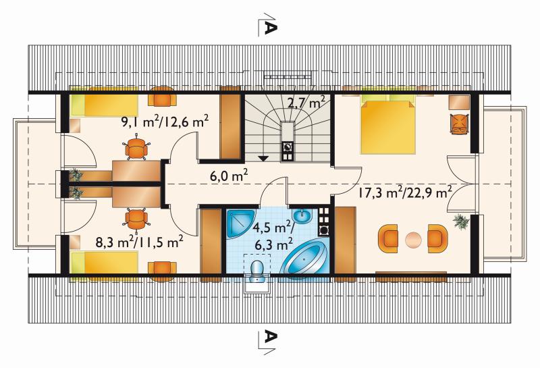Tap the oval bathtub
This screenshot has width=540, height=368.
coord(304,257)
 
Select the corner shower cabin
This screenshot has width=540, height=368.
coord(240,224)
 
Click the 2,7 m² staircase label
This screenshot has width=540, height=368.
coord(306,102)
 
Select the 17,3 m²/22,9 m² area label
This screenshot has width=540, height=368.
coord(405,192)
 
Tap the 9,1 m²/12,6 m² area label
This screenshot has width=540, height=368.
coord(165,122)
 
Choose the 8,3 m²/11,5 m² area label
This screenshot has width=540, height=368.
coord(140,242)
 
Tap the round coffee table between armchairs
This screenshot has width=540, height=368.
coord(413,240)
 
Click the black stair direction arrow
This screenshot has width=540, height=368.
coord(263,158)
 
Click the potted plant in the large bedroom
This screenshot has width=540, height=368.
coord(461,221)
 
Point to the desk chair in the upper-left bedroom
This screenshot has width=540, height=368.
coord(137,149)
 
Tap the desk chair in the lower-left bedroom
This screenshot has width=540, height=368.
coord(137,219)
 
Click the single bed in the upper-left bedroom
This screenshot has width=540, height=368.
coord(104,105)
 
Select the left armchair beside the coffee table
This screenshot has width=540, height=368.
coord(387,236)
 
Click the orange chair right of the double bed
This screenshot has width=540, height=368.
coord(460,123)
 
